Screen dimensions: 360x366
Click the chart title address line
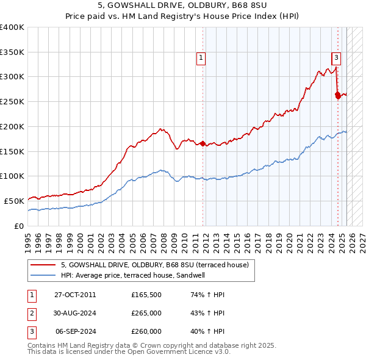182,6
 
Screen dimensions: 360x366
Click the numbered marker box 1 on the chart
201,59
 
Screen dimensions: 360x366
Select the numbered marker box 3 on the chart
336,59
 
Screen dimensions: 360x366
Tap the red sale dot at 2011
203,144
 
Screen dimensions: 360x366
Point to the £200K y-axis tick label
12,126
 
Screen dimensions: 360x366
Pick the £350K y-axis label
12,52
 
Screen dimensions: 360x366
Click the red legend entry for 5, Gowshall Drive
154,265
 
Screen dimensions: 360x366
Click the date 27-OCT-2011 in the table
75,295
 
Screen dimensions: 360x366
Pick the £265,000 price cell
146,313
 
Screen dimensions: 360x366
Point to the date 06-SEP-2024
76,331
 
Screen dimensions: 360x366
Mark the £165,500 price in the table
146,295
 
